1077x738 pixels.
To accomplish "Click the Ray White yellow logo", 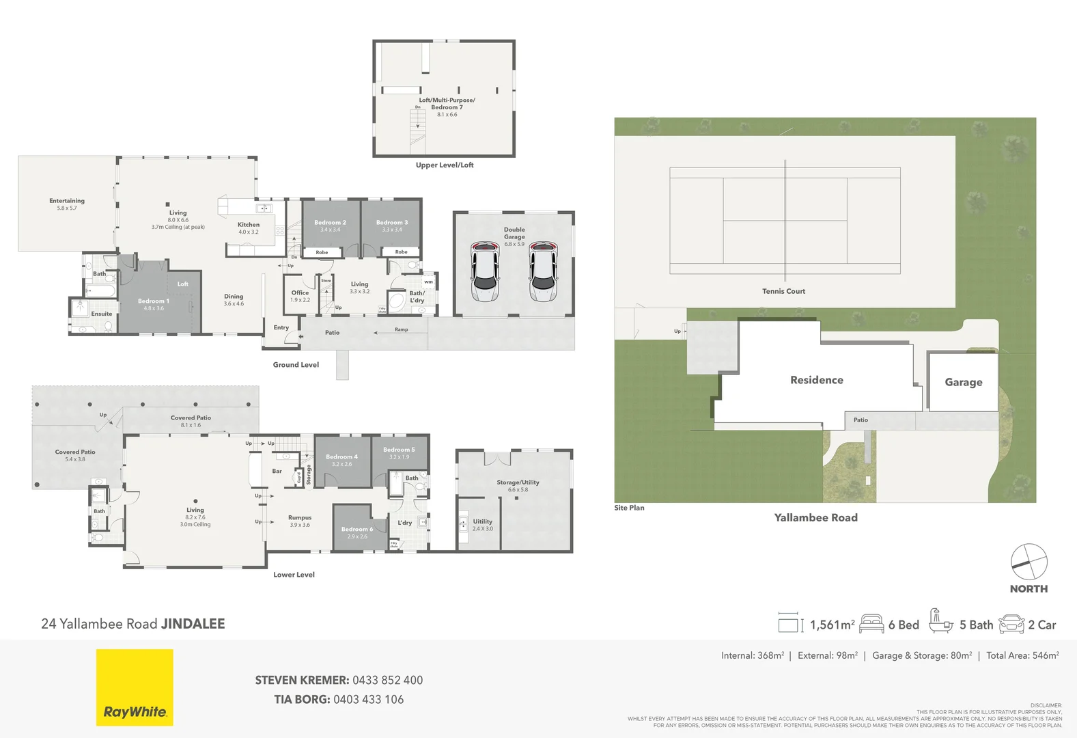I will click(135, 687).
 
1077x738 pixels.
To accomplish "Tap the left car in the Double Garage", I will click(484, 271).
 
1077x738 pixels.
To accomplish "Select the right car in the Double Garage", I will click(543, 271).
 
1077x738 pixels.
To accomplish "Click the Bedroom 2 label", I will click(330, 223).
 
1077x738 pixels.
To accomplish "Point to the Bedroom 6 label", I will click(357, 529).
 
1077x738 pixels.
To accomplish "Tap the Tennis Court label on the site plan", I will click(783, 291).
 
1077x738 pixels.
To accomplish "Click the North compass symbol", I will click(1029, 562).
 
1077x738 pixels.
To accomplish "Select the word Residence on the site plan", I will click(816, 380).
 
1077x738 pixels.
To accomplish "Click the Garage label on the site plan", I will click(963, 382).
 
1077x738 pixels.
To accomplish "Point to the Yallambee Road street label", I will click(815, 518).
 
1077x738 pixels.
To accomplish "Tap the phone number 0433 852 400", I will click(387, 681).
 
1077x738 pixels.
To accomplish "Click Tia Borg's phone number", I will click(368, 700).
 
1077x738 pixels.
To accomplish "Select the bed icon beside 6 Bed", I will click(871, 624).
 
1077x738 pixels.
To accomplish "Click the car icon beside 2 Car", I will click(1011, 625).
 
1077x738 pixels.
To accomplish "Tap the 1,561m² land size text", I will click(832, 625).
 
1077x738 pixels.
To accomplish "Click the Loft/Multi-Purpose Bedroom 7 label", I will click(447, 103).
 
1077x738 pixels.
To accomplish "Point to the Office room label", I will click(300, 292).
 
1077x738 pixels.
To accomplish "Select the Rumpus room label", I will click(300, 517).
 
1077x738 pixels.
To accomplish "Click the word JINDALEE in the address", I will click(193, 624).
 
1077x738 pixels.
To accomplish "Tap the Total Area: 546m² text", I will click(1022, 655).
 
